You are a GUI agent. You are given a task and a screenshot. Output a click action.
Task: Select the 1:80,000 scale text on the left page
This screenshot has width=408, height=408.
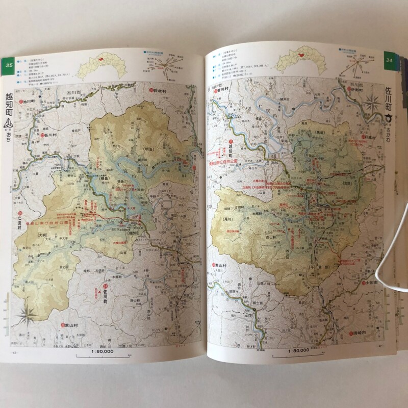103,351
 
